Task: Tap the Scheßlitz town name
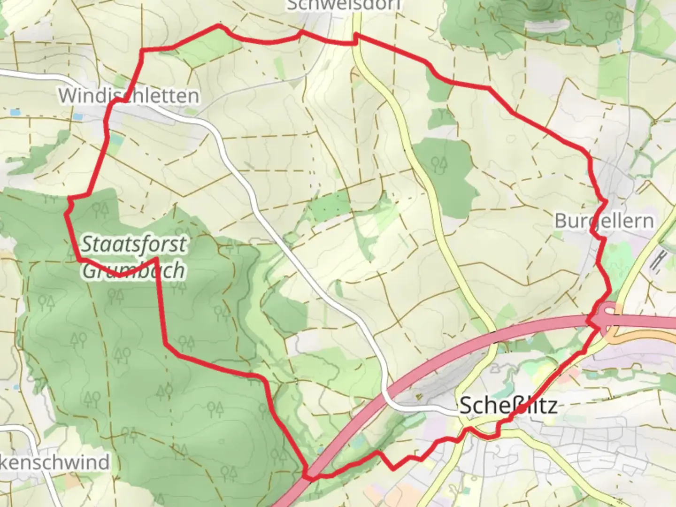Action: click(508, 405)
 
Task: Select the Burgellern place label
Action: click(604, 220)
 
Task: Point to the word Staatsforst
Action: click(134, 244)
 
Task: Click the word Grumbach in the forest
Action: click(134, 270)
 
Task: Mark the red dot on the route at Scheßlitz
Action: click(522, 409)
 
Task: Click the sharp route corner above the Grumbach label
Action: click(154, 258)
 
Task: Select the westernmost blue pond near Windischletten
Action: click(14, 113)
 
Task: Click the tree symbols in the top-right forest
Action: click(612, 18)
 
